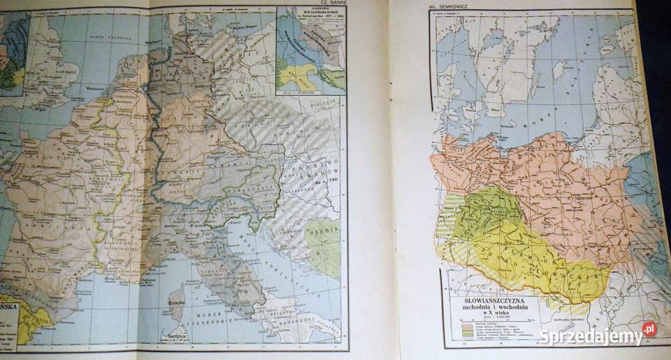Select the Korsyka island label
pos(178,303)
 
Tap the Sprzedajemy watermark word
pos(590,336)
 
